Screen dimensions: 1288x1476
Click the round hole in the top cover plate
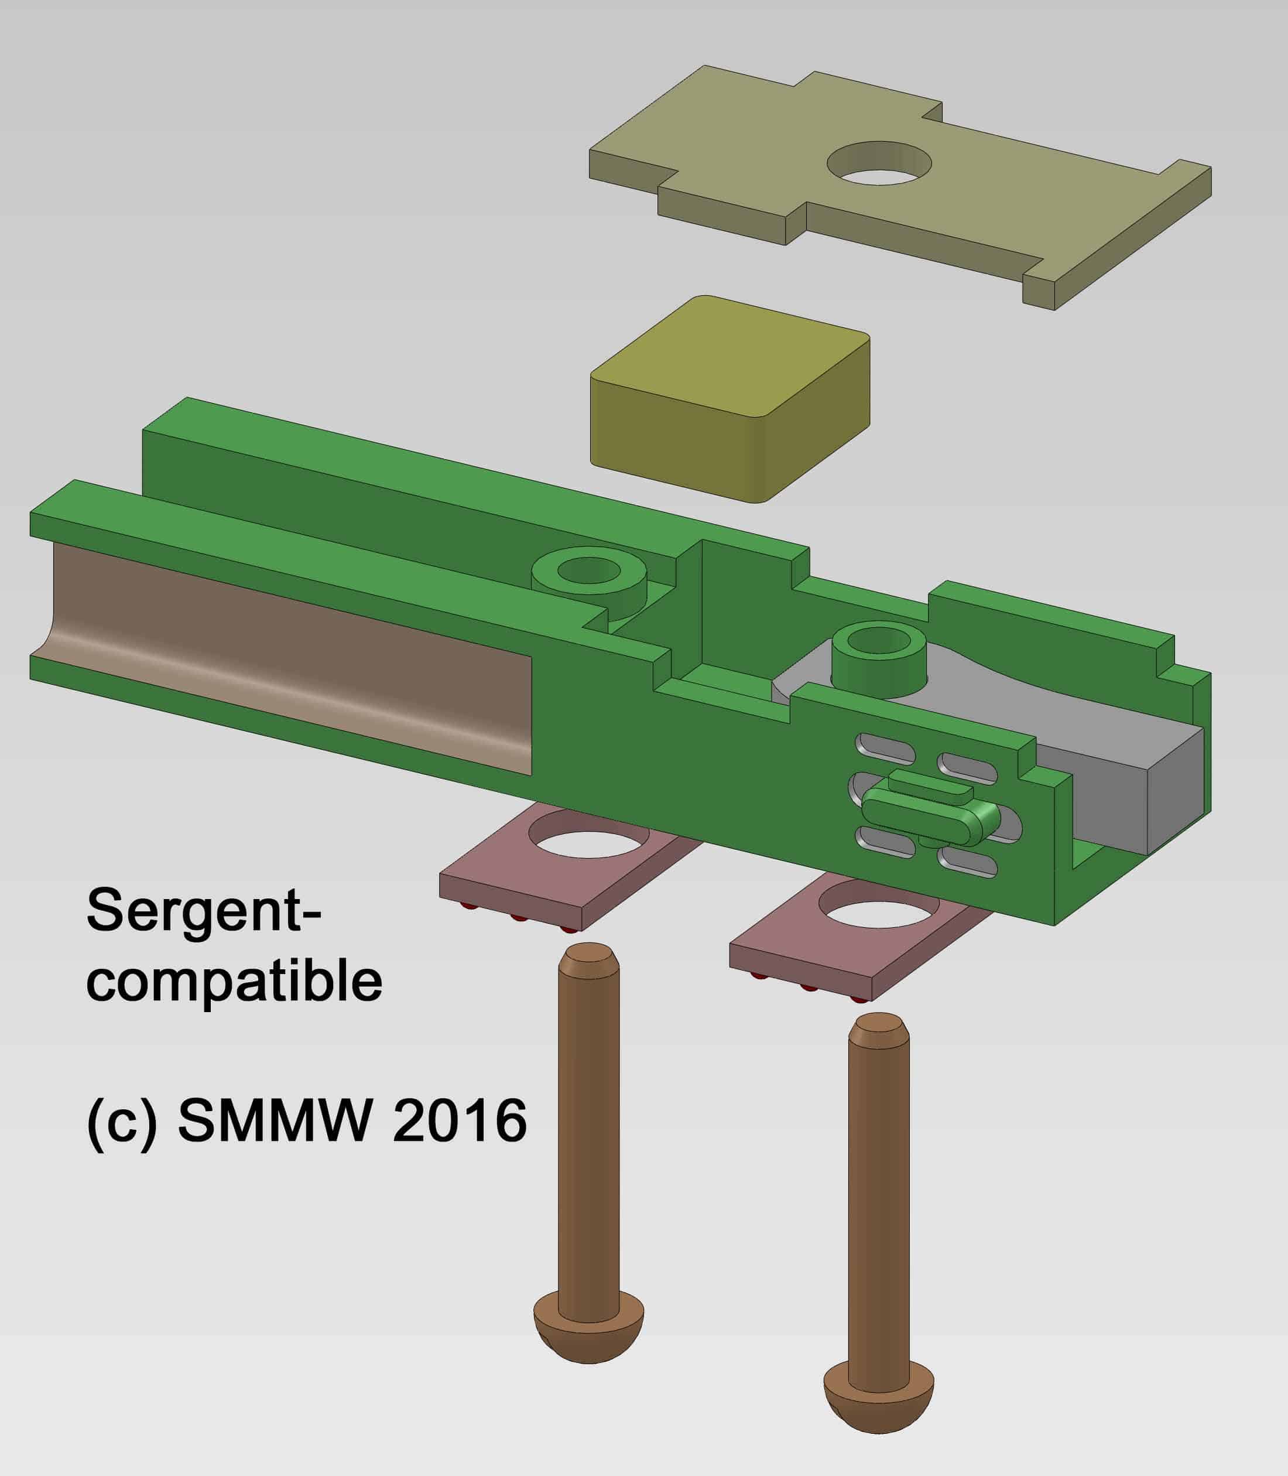[879, 163]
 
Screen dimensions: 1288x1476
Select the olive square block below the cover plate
[729, 399]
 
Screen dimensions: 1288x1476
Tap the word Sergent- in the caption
[203, 911]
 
